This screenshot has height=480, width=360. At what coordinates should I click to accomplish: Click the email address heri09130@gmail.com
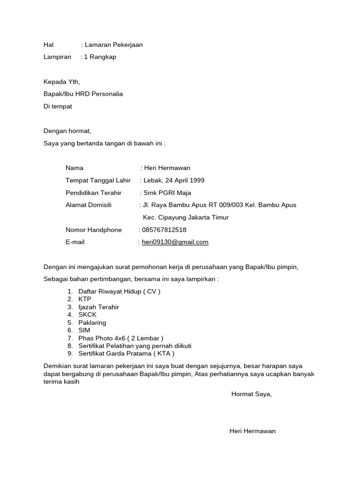tap(175, 242)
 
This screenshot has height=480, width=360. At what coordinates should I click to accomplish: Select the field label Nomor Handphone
tap(94, 230)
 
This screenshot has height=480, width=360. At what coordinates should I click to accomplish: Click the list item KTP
tap(85, 299)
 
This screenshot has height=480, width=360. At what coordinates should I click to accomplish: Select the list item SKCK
tap(87, 315)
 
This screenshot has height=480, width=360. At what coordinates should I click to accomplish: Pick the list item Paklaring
tap(92, 322)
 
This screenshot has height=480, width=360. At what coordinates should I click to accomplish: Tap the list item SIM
tap(84, 330)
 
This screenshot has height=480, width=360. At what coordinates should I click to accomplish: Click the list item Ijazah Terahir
tap(98, 307)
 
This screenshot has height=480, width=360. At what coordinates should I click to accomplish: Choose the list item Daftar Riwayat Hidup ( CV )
tap(119, 291)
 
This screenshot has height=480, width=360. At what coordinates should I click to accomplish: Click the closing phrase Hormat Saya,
tap(251, 394)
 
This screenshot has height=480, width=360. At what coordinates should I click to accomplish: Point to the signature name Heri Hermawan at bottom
tap(252, 431)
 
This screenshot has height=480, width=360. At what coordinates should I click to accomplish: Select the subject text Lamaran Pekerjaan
tap(113, 45)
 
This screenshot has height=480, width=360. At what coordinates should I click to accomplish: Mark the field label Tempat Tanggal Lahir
tap(98, 180)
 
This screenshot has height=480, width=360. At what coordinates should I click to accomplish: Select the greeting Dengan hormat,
tap(67, 131)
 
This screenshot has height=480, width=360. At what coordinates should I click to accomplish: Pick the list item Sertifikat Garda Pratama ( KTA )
tap(126, 354)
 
